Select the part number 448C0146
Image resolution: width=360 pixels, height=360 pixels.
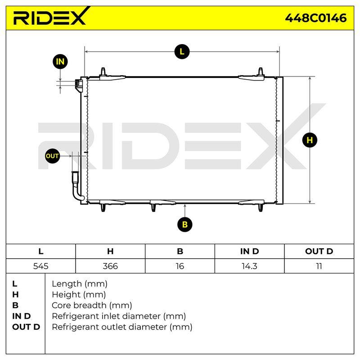click(316, 18)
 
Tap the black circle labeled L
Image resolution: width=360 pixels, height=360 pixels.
click(182, 52)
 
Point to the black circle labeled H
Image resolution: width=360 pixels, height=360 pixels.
click(310, 140)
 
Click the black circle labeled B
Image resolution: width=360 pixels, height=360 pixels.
click(185, 224)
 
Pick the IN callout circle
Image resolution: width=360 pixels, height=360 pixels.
click(60, 62)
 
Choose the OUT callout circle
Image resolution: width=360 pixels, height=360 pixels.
click(52, 156)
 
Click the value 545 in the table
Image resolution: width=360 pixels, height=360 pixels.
click(40, 266)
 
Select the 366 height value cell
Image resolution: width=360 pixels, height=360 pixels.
click(110, 266)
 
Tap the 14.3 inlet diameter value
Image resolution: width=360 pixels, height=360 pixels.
click(249, 266)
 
